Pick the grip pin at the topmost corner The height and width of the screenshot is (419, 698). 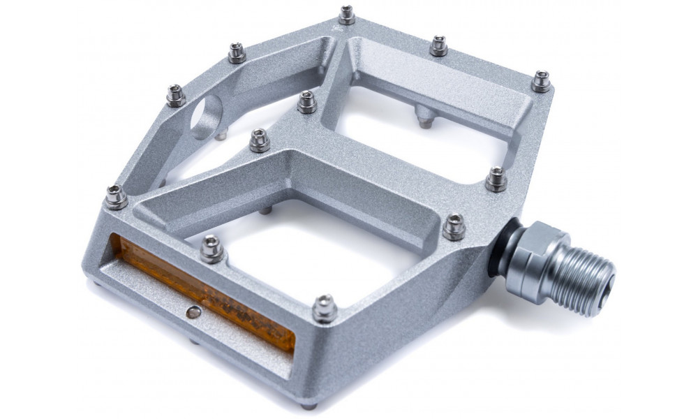(x=346, y=15)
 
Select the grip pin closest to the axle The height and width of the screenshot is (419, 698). (x=454, y=226)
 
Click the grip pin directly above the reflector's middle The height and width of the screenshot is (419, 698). (x=211, y=249)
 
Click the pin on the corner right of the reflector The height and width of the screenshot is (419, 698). (x=324, y=308)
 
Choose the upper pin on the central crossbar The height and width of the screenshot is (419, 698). (x=306, y=101)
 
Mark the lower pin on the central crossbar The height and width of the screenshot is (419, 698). (x=259, y=140)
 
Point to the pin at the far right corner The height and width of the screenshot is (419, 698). (x=541, y=80)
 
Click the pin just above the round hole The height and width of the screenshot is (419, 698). (x=176, y=94)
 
